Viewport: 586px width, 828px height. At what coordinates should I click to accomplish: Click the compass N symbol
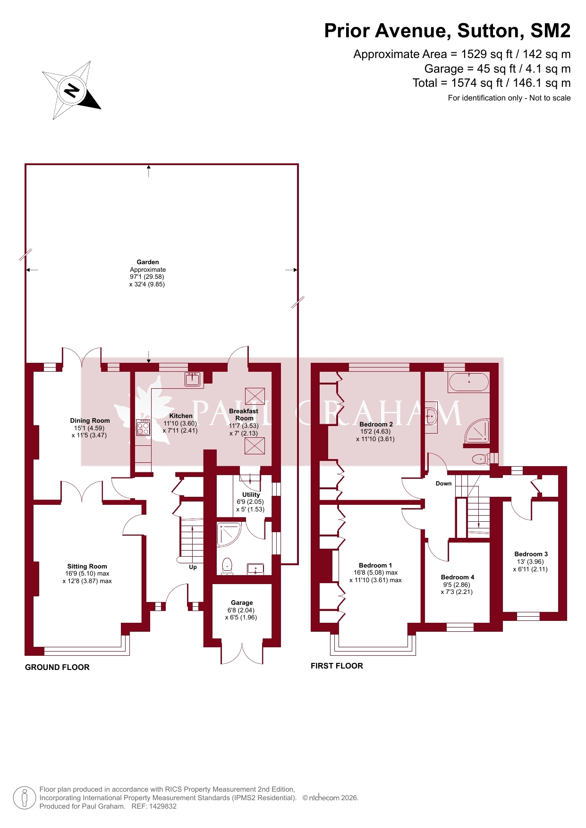click(72, 90)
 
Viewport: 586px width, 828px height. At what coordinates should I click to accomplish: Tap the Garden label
click(148, 262)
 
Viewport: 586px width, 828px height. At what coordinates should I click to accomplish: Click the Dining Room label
click(90, 420)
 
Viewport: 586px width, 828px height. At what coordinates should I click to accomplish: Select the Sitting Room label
click(87, 566)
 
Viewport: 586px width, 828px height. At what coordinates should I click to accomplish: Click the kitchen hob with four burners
click(143, 427)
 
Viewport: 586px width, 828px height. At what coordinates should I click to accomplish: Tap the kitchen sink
click(193, 379)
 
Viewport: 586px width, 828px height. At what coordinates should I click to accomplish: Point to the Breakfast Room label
click(244, 415)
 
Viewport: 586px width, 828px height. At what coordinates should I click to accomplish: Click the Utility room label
click(251, 494)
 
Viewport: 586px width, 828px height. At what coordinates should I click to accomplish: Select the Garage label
click(242, 602)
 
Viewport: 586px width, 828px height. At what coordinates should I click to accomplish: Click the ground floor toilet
click(227, 566)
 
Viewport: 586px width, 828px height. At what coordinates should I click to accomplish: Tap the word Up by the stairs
click(193, 567)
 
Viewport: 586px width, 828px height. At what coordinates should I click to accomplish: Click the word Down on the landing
click(443, 484)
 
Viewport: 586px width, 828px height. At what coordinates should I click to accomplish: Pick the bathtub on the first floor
click(468, 382)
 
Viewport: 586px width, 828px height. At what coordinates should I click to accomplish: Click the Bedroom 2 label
click(376, 424)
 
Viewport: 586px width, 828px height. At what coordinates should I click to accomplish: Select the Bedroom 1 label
click(375, 565)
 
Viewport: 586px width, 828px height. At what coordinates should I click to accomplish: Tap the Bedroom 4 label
click(458, 577)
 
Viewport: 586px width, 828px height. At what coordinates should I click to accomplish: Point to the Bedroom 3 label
click(531, 554)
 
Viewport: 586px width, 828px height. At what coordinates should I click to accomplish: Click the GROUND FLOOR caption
click(57, 667)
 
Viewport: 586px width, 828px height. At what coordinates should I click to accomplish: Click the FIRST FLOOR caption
click(337, 666)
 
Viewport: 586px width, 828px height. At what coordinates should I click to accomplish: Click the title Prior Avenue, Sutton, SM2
click(447, 31)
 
